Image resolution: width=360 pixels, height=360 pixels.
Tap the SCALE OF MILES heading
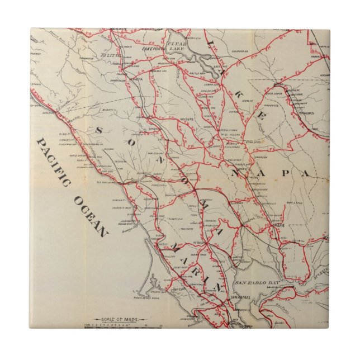pos(110,318)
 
